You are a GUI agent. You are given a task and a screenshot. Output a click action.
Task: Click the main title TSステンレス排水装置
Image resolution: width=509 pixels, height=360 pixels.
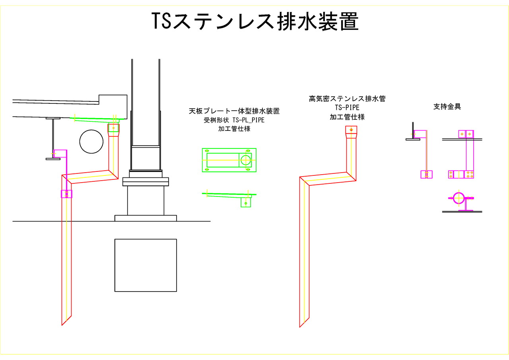coord(255,21)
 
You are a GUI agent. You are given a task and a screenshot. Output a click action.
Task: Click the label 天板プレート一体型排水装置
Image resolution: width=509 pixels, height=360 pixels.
coord(234,111)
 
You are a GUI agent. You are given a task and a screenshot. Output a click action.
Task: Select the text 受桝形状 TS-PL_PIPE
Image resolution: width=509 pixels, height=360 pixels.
coord(234,120)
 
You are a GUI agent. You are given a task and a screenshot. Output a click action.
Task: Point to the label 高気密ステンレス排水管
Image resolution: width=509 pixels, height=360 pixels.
coord(347,99)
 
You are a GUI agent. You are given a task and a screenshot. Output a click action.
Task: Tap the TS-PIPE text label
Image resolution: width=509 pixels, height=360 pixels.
coord(347,108)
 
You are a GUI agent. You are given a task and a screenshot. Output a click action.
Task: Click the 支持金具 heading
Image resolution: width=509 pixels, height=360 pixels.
coord(447,107)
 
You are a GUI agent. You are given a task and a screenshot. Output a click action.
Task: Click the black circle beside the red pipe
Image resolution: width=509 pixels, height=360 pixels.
coord(91,142)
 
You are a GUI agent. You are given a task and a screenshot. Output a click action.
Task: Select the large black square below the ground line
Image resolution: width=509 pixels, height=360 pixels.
coord(146,265)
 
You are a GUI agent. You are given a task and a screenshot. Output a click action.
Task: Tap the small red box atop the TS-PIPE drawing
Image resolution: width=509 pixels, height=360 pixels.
coord(351,130)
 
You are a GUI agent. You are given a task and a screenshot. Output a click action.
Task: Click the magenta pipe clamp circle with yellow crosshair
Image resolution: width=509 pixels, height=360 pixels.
coord(458,198)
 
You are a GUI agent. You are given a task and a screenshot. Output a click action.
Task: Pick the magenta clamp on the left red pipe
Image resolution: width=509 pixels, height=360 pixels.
coord(66,194)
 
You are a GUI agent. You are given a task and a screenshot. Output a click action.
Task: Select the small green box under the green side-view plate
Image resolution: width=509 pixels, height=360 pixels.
coord(246,203)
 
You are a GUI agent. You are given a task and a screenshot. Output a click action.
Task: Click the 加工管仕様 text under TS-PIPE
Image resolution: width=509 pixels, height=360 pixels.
coord(347,117)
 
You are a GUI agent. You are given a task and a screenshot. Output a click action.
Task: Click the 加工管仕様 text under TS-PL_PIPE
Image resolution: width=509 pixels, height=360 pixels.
coord(234,129)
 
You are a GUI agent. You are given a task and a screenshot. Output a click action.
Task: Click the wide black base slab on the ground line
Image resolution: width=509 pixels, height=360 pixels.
coord(146,218)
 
